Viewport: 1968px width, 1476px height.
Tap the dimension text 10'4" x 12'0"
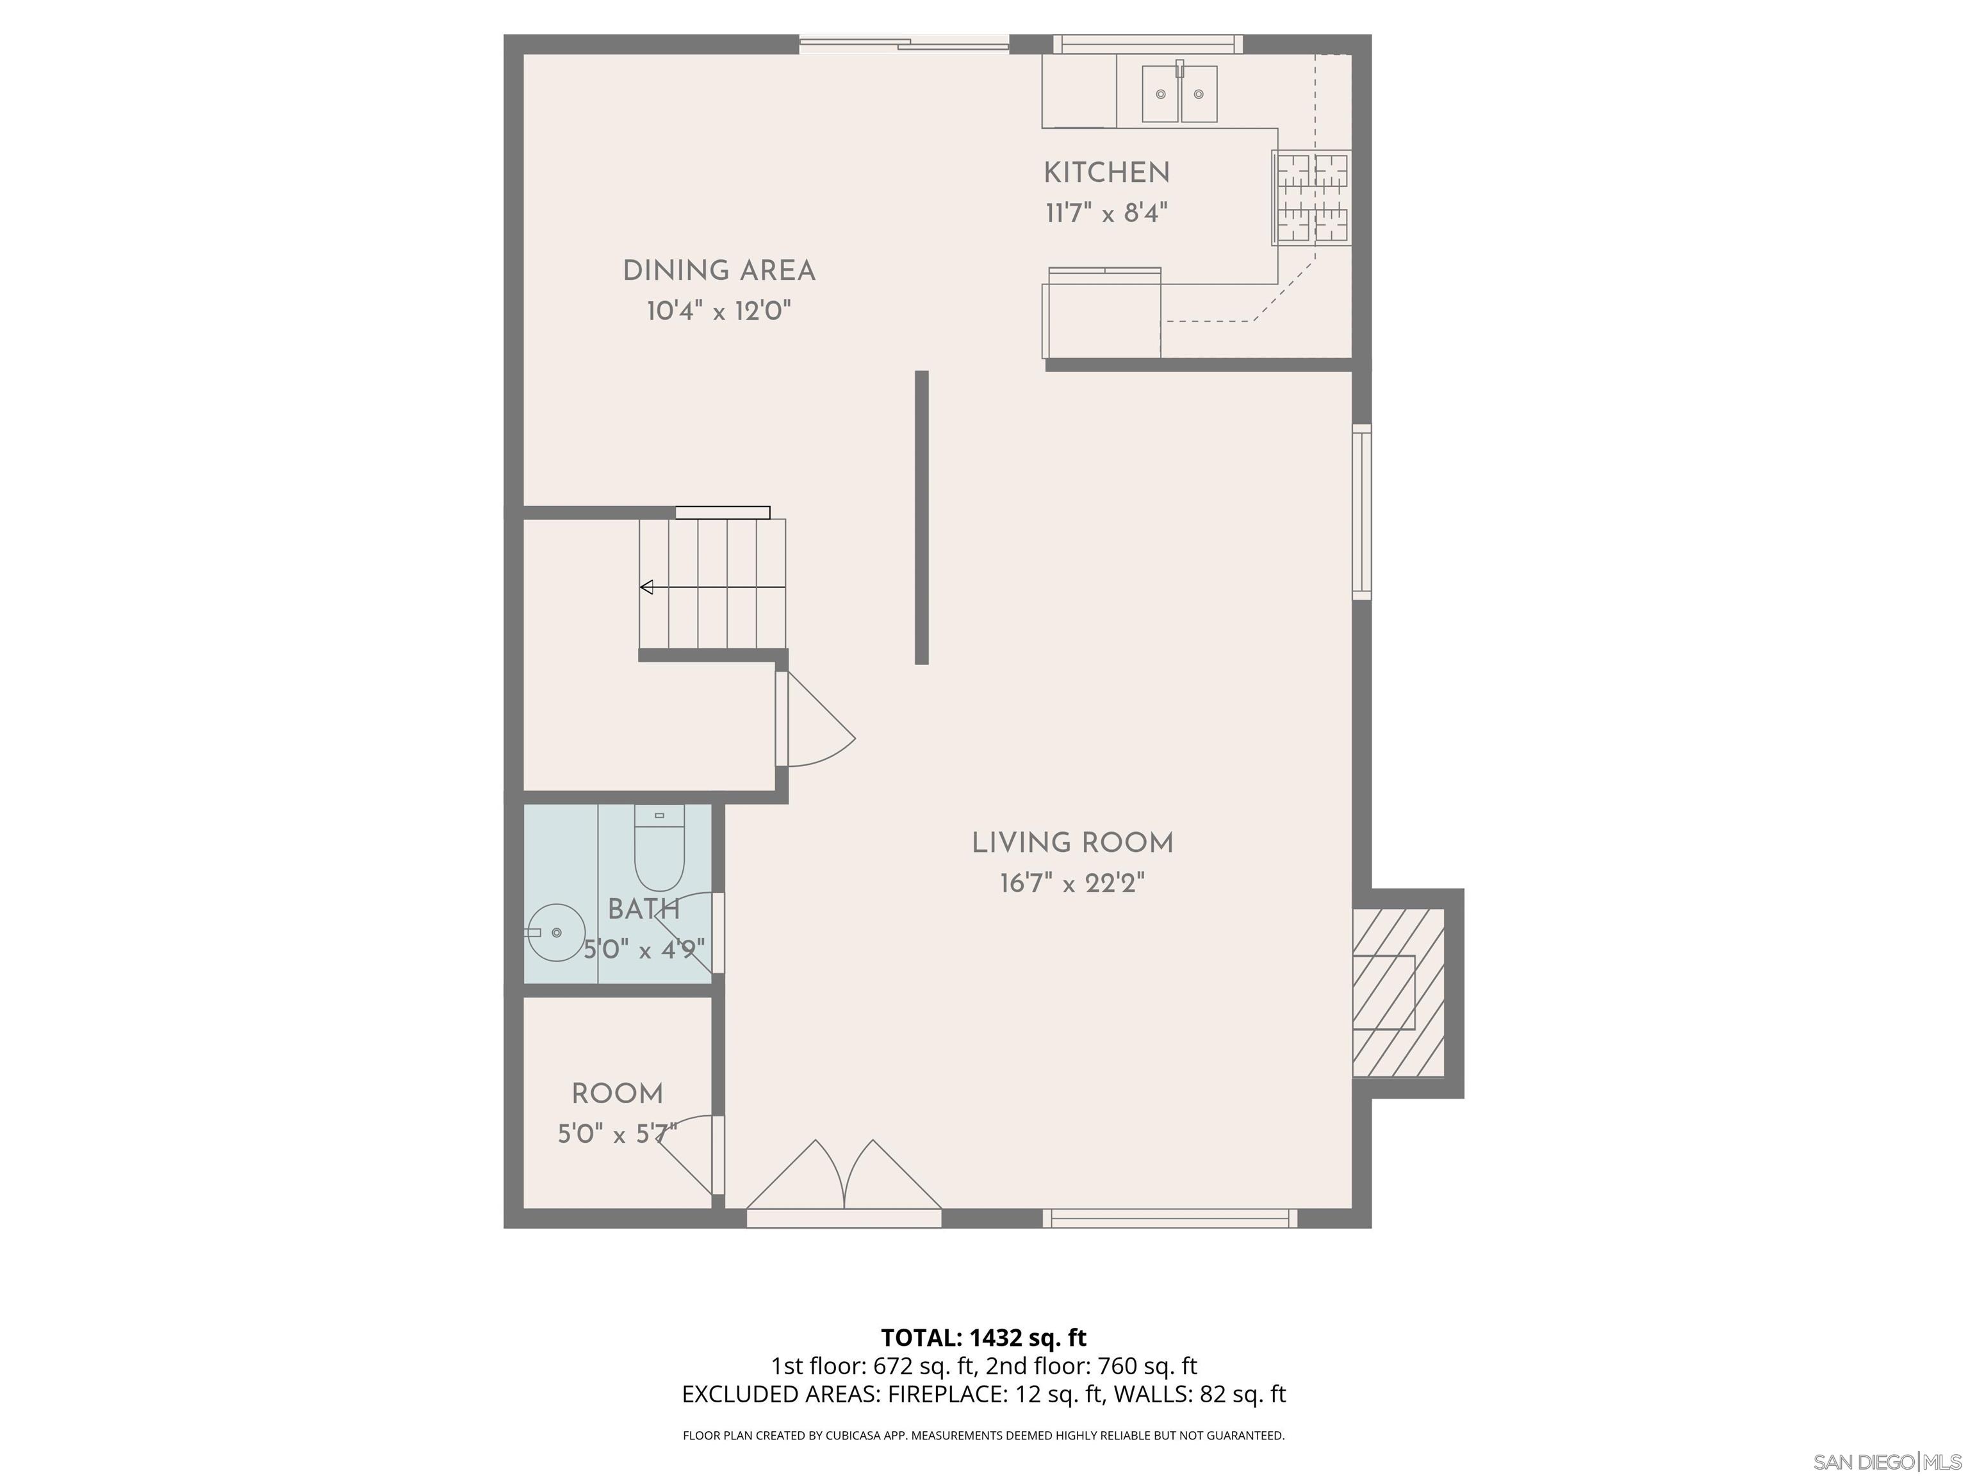click(x=719, y=311)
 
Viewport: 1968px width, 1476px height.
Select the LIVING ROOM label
click(x=1072, y=842)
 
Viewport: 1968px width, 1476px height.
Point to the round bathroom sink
click(x=556, y=931)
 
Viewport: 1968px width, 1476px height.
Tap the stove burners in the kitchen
click(x=1312, y=197)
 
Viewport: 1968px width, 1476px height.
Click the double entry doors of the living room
click(x=844, y=1183)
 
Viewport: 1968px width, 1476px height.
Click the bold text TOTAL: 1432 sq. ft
click(x=983, y=1337)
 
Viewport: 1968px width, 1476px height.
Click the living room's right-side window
click(x=1361, y=512)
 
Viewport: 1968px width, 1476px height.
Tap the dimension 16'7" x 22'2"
click(x=1072, y=883)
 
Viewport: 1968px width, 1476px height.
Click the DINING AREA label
click(x=719, y=270)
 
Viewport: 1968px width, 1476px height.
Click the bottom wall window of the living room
click(x=1169, y=1218)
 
